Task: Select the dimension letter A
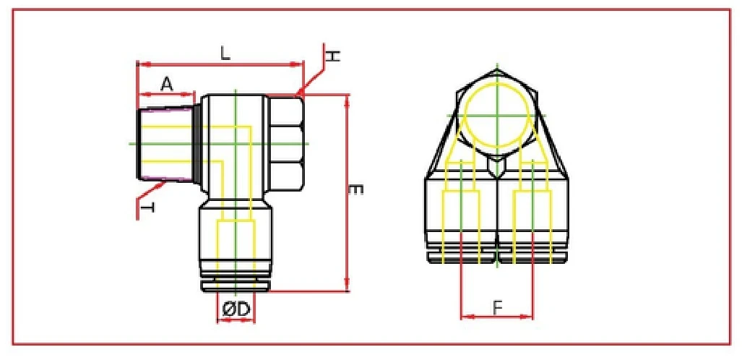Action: (166, 84)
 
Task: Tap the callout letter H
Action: (332, 56)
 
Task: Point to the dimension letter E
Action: (355, 190)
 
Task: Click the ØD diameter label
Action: (236, 309)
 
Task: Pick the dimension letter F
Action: (497, 307)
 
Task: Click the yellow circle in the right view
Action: (498, 116)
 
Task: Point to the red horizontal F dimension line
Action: (496, 316)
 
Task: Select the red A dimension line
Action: (166, 94)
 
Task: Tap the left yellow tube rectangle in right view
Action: (461, 217)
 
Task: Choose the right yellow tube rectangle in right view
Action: (532, 217)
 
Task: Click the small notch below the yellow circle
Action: (498, 167)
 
